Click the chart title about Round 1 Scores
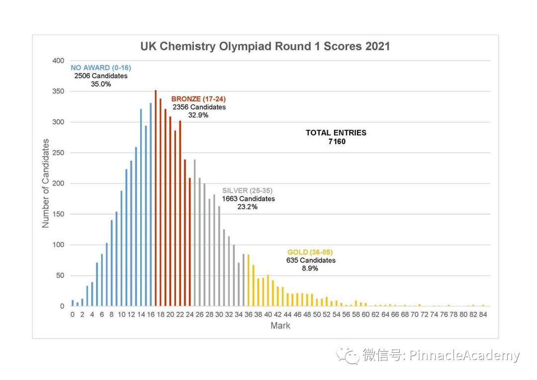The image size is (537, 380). point(265,47)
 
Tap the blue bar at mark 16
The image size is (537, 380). point(151,204)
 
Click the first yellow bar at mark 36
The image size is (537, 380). point(248,281)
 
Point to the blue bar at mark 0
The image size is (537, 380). point(73,303)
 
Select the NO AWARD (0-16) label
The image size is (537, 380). point(101,68)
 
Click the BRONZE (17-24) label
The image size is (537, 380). point(198,99)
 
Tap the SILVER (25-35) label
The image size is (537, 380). point(247,190)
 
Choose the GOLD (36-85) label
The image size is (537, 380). point(310,252)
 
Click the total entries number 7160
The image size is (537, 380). point(336,141)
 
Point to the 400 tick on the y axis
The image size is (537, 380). point(59,61)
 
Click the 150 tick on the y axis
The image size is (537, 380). point(59,214)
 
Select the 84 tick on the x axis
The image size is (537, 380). point(482,314)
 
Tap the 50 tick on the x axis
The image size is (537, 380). point(317,314)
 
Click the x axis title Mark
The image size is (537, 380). point(280,326)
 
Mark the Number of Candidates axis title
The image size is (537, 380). point(46,184)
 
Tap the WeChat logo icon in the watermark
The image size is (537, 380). point(348,355)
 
